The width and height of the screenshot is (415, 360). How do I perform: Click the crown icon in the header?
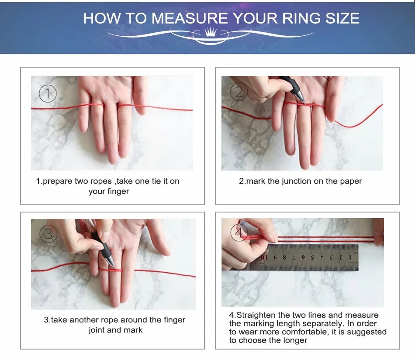(211, 32)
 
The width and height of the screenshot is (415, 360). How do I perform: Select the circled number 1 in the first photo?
(48, 93)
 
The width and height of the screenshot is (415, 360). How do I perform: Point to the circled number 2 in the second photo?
(239, 92)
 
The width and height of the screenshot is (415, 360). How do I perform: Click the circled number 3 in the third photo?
(48, 233)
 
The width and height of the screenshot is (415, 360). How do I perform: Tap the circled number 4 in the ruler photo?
(239, 232)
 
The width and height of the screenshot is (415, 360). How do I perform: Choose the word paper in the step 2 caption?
(351, 182)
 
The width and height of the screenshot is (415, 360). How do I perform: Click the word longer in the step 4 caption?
(296, 340)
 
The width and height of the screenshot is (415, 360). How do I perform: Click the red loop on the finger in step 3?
(111, 270)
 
